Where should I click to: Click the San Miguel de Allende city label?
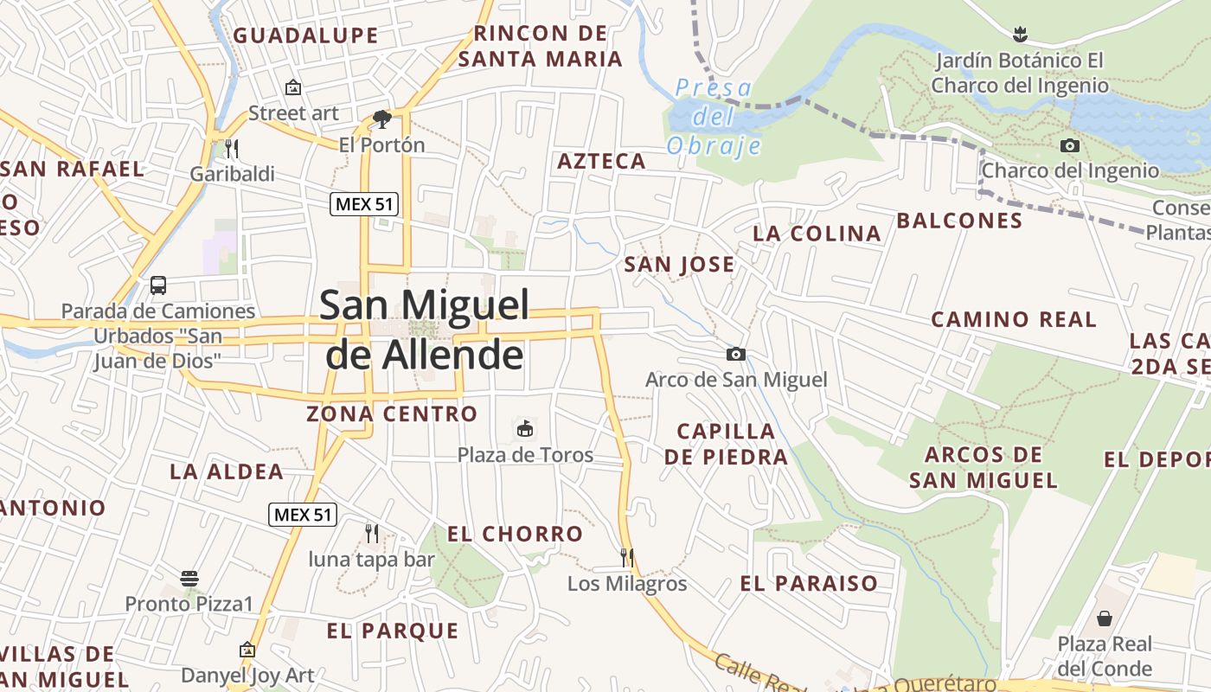424,330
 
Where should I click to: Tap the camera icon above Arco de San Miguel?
735,354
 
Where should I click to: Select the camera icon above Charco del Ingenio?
1070,145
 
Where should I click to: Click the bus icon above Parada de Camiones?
158,285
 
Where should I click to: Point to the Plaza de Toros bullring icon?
524,428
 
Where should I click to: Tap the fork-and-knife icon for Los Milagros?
627,557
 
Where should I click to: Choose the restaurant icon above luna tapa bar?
372,533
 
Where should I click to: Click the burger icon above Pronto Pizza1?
189,578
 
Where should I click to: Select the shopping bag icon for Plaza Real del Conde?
1105,618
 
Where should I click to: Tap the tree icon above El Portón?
381,119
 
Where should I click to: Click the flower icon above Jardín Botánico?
1020,35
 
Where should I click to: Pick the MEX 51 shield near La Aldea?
301,515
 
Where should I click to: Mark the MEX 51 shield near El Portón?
363,204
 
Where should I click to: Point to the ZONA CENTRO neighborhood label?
392,413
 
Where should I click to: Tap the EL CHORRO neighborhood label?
515,534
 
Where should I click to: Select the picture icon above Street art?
293,87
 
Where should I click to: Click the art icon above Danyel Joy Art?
247,649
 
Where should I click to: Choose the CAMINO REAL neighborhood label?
1013,319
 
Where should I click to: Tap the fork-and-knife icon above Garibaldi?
231,148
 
